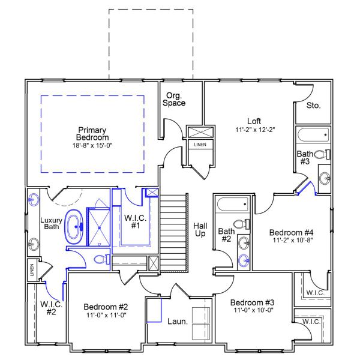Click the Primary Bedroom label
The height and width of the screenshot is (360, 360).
[92, 134]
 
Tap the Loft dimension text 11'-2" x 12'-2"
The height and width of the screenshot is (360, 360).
[255, 130]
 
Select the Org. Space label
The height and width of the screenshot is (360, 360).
[174, 99]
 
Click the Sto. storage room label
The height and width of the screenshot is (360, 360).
[313, 106]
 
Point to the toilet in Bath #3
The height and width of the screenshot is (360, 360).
[322, 154]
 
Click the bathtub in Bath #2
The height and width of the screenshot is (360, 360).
[233, 204]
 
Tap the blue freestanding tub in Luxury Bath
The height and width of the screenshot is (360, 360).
[74, 227]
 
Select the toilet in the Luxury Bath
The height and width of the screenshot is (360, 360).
[102, 259]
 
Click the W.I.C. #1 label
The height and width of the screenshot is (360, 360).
[135, 221]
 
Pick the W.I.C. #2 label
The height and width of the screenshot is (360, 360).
[51, 308]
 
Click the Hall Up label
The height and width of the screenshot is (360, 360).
[200, 230]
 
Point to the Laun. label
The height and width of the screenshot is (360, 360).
[178, 322]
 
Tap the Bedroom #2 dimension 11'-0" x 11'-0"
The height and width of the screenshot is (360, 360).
[106, 315]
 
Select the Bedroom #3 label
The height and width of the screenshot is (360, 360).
[252, 302]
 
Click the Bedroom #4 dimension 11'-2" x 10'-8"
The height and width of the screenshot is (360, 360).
[293, 240]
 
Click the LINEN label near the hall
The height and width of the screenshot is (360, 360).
[200, 145]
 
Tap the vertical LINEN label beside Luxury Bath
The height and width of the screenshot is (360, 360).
[32, 270]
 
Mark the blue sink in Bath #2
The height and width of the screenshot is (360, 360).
[244, 260]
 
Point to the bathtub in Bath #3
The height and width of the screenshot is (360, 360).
[313, 135]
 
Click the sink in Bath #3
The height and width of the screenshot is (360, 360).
[325, 178]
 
